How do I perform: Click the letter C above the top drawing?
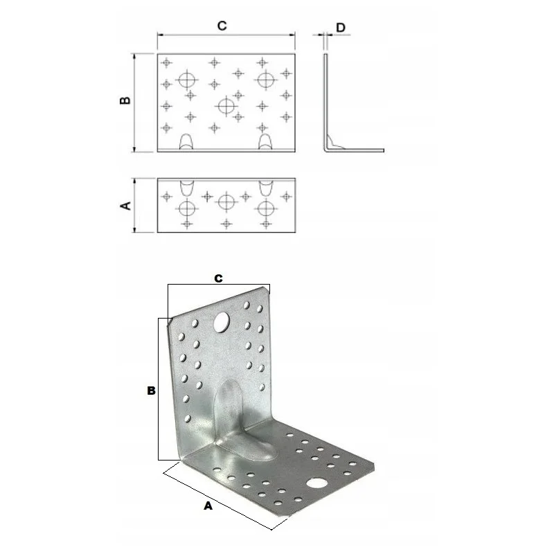coord(222,26)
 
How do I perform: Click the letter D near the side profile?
coord(341,28)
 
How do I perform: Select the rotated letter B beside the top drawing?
coord(125,100)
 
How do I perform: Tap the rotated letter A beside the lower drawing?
coord(126,205)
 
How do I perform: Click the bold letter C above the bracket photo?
coord(218,278)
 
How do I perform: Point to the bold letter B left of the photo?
coord(151,391)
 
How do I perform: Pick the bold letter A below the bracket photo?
coord(208,506)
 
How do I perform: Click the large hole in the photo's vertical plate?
coord(222,322)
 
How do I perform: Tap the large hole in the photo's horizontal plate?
coord(317,483)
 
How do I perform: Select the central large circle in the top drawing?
coord(226,106)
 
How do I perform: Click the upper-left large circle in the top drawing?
coord(187,79)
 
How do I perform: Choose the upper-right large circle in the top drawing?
coord(265,79)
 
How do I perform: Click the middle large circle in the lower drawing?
coord(226,202)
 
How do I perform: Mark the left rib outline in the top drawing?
coord(187,142)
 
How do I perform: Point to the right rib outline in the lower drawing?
coord(266,188)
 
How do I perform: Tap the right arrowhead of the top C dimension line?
coord(292,35)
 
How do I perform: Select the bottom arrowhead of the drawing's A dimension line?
coord(134,230)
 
